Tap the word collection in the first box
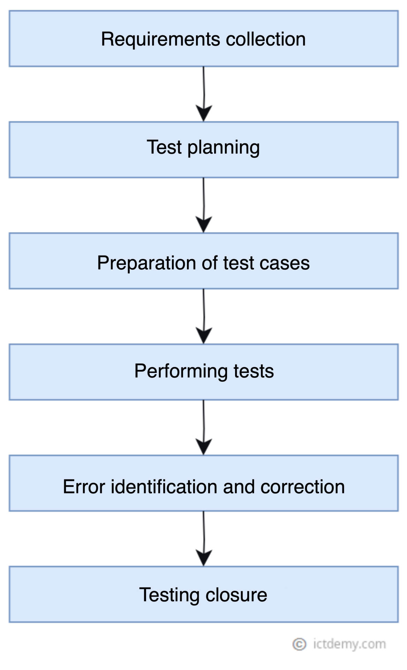point(265,39)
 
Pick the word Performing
point(181,371)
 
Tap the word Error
point(84,486)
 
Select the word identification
point(164,486)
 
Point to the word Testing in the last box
point(169,595)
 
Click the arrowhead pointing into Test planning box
point(204,113)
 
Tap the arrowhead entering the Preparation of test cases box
point(204,224)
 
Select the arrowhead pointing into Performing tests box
point(204,336)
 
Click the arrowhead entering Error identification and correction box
point(204,447)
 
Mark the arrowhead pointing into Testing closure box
point(204,558)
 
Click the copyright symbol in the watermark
point(299,644)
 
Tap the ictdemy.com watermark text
point(349,644)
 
